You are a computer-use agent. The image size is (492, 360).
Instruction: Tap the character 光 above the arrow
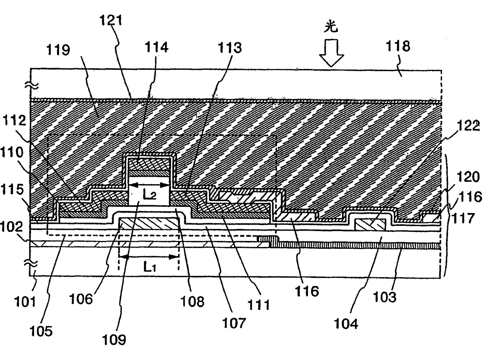[331, 27]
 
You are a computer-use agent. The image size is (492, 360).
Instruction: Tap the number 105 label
[42, 331]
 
